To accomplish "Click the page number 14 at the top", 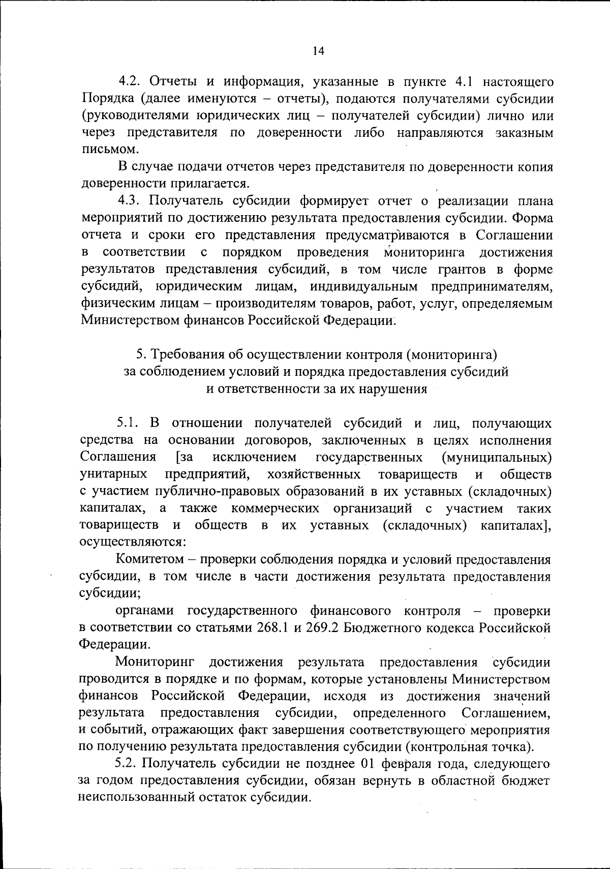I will click(319, 51).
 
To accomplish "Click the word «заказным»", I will click(524, 133).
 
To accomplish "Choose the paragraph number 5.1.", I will click(130, 423).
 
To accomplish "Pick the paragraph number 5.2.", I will click(128, 763).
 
